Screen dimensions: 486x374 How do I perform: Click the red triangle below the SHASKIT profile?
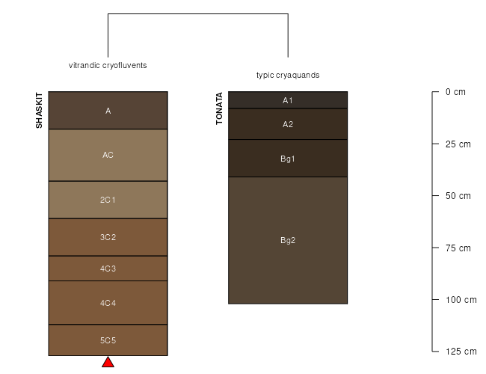point(108,362)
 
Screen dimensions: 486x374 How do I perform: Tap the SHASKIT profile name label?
point(39,111)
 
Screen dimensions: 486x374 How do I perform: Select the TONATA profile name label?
point(219,108)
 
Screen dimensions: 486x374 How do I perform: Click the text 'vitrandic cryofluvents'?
point(108,65)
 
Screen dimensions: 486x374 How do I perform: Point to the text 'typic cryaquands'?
point(288,75)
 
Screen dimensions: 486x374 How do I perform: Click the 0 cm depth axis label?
point(455,92)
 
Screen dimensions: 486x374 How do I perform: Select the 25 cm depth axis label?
point(458,144)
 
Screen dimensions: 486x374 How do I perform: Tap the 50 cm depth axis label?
point(458,196)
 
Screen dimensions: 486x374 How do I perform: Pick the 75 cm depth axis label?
point(458,248)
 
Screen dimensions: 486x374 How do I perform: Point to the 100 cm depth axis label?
point(461,300)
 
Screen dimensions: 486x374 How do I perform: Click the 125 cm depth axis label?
point(461,352)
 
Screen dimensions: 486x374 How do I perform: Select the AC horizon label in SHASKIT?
point(108,155)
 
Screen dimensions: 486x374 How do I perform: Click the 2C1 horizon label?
point(108,200)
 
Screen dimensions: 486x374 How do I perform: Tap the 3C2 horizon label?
point(108,237)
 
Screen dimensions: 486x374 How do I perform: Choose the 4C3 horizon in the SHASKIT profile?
point(108,269)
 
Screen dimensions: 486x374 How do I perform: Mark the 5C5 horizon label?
point(108,340)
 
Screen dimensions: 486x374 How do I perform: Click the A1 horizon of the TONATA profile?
point(288,100)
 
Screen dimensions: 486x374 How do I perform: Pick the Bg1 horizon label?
point(288,159)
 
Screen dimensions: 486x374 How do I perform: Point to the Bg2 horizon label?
point(288,240)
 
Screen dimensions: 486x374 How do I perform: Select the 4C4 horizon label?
point(108,303)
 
